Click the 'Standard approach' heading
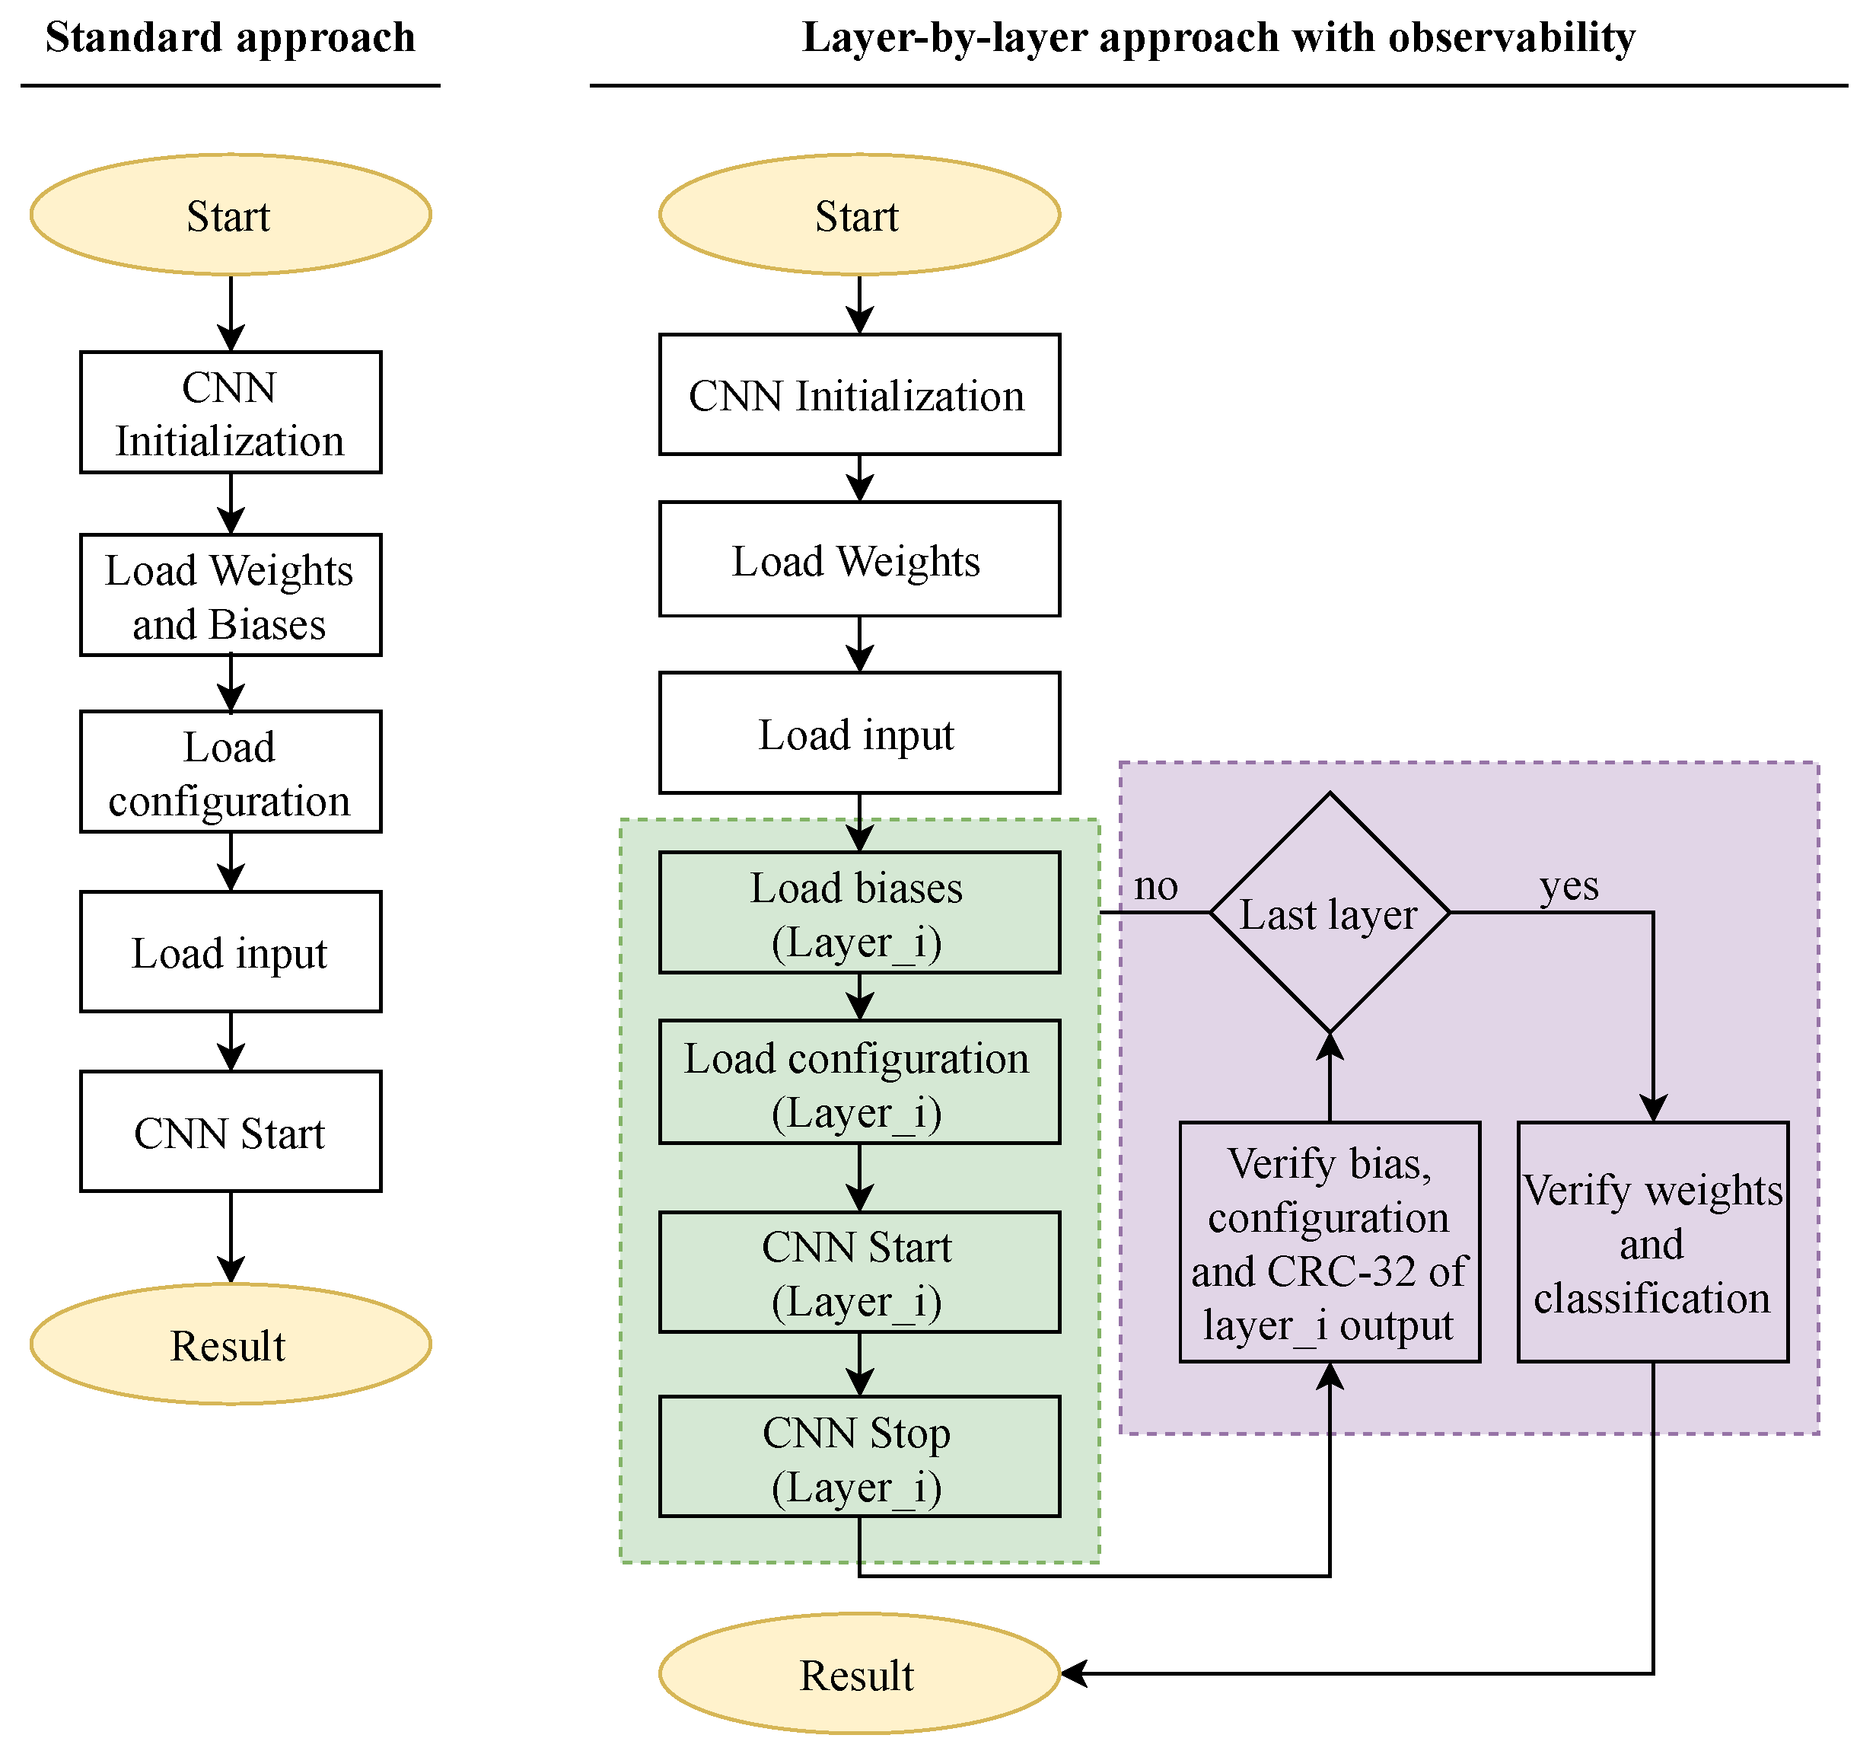click(x=231, y=38)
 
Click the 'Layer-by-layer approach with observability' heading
click(x=1218, y=38)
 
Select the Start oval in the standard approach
click(x=231, y=215)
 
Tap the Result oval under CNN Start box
click(x=231, y=1344)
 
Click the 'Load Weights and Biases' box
click(x=231, y=595)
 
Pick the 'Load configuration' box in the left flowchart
click(x=231, y=772)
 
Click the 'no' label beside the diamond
click(x=1155, y=886)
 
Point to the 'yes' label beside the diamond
click(x=1569, y=886)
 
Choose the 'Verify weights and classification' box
click(x=1652, y=1242)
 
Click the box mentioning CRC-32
click(x=1329, y=1242)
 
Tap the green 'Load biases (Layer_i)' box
click(x=858, y=913)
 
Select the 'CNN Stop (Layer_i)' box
click(x=858, y=1457)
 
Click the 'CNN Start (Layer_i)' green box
click(x=858, y=1272)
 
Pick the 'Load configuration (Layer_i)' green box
click(x=858, y=1083)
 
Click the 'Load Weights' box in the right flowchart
click(x=858, y=560)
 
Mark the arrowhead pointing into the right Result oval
click(x=1074, y=1673)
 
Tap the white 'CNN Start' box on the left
click(x=231, y=1132)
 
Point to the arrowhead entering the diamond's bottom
click(x=1329, y=1045)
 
